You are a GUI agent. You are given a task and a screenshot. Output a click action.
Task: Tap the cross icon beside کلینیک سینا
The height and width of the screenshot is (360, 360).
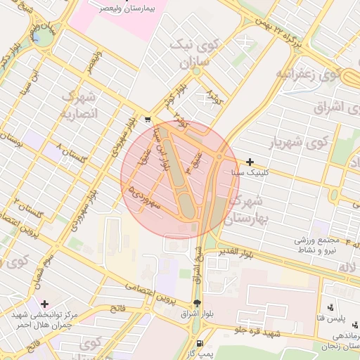pyautogui.click(x=250, y=162)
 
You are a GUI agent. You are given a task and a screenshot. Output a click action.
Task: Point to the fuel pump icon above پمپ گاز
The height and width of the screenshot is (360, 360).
pyautogui.click(x=202, y=345)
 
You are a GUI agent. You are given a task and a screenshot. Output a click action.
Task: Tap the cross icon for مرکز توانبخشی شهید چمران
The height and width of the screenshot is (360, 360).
pyautogui.click(x=45, y=304)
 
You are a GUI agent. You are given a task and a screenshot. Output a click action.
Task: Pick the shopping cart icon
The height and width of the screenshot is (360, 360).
pyautogui.click(x=146, y=120)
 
